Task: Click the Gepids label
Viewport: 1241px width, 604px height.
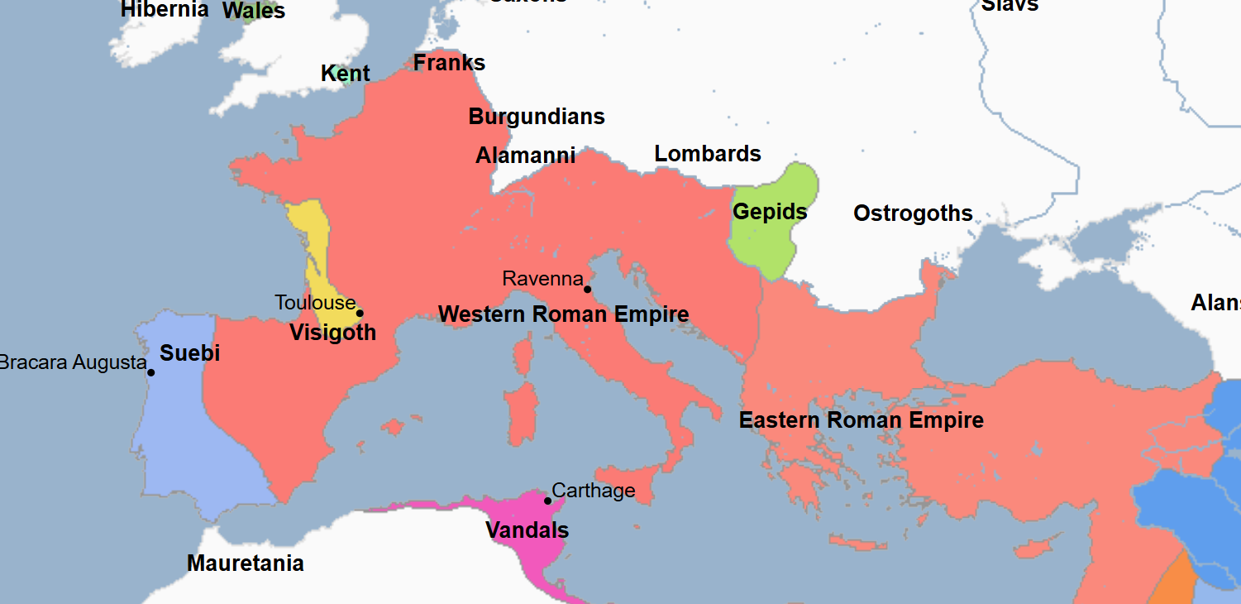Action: tap(770, 212)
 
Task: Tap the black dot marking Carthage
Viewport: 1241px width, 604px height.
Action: tap(547, 501)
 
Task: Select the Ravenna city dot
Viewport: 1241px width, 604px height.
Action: tap(587, 289)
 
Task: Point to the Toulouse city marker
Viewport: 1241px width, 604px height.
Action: tap(360, 313)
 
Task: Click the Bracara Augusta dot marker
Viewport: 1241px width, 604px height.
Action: tap(151, 372)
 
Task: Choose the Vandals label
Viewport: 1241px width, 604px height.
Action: tap(527, 530)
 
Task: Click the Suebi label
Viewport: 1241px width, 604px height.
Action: tap(189, 353)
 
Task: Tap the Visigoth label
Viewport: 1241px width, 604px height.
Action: tap(332, 333)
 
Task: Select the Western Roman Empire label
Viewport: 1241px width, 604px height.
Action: tap(563, 314)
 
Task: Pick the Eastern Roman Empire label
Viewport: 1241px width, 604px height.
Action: tap(861, 420)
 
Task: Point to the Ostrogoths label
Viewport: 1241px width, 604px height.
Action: tap(913, 213)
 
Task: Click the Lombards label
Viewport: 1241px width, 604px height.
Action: tap(708, 154)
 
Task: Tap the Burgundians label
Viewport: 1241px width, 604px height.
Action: tap(537, 117)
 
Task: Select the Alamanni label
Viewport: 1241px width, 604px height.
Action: tap(525, 156)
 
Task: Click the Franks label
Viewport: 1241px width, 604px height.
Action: tap(449, 63)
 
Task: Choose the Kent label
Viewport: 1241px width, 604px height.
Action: tap(345, 74)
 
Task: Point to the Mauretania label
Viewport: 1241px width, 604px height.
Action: tap(245, 563)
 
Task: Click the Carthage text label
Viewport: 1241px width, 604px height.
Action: tap(593, 491)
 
